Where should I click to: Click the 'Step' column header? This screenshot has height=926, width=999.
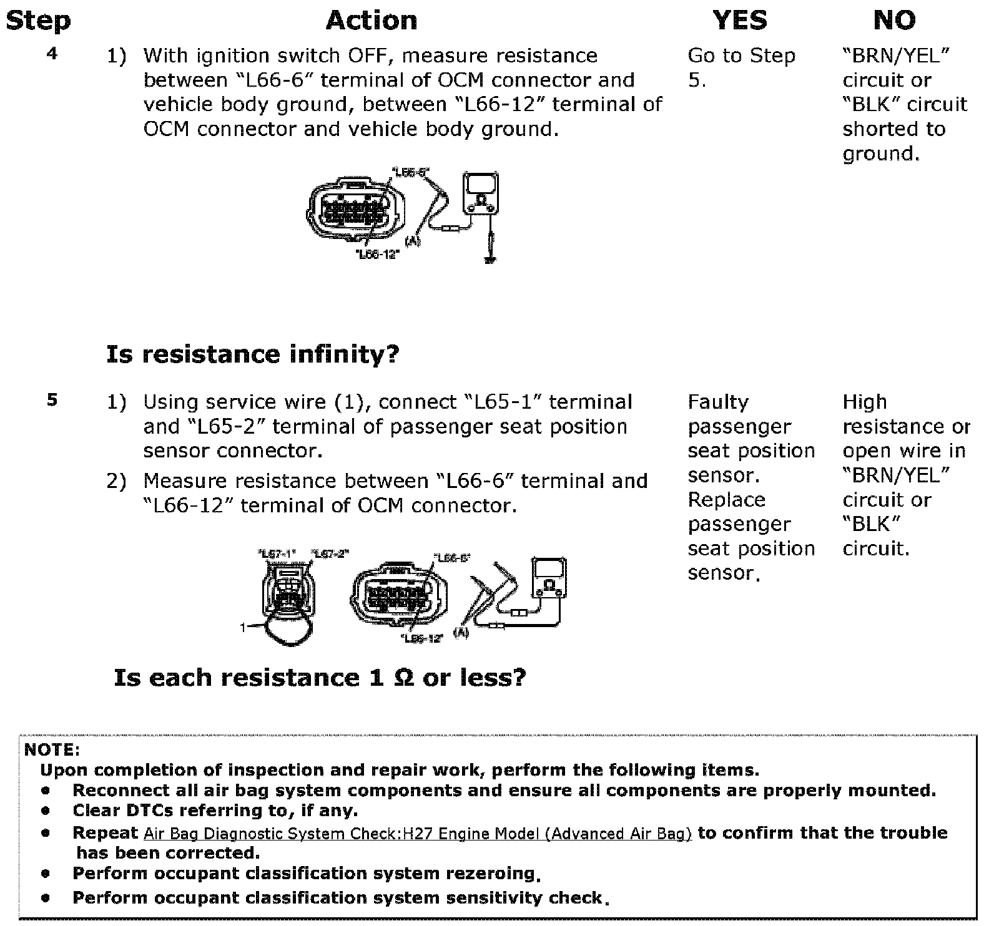coord(37,20)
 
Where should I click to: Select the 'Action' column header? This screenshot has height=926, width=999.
coord(372,20)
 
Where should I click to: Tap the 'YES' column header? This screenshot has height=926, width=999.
coord(740,20)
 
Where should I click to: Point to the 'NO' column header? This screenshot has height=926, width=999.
coord(894,20)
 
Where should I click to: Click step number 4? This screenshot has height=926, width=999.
coord(52,54)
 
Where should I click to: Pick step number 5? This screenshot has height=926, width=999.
coord(52,400)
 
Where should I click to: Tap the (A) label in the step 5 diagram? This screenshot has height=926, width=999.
coord(461,633)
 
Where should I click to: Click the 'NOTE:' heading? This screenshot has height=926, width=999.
coord(52,749)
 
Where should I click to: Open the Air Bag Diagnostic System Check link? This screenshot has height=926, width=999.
coord(417,834)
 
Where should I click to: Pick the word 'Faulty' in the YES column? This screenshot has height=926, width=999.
coord(718,402)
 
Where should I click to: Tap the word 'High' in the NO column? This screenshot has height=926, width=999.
coord(864,402)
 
